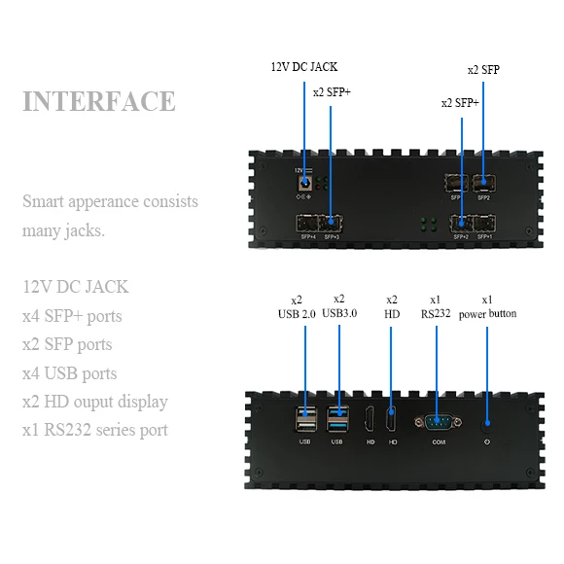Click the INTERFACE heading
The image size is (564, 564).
[x=99, y=101]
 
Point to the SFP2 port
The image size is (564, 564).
[x=482, y=182]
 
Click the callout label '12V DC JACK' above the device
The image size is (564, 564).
[x=304, y=67]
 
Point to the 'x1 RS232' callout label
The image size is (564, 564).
[x=435, y=306]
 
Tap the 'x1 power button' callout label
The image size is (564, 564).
[x=487, y=306]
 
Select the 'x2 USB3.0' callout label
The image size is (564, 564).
[x=338, y=306]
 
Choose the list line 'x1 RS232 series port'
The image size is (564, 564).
[x=95, y=430]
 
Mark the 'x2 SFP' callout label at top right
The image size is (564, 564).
[x=483, y=70]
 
